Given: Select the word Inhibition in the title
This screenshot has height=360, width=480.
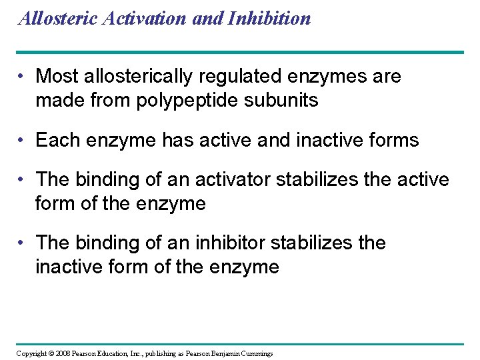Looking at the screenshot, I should click(269, 18).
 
